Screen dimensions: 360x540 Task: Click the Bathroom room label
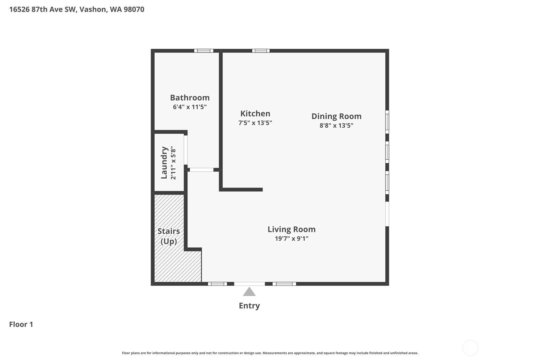click(190, 98)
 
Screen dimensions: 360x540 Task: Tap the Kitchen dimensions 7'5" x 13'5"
click(255, 123)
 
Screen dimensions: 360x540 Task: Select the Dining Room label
click(336, 116)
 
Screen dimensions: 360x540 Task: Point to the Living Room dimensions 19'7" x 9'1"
click(291, 238)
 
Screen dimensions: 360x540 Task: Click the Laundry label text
click(164, 163)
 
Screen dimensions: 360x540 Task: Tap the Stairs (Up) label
click(169, 236)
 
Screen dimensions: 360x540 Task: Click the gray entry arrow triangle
click(249, 292)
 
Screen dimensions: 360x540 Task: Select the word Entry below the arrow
click(249, 306)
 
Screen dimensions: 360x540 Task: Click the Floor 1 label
click(21, 324)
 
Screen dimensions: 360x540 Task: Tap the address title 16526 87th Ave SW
click(76, 9)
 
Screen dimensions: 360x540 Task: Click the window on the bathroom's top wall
click(204, 51)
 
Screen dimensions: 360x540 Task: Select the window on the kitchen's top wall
click(261, 51)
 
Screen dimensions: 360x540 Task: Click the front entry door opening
click(249, 284)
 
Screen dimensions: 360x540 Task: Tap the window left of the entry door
click(217, 284)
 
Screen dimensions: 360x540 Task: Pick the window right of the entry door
click(284, 284)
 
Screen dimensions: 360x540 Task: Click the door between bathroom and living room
click(201, 170)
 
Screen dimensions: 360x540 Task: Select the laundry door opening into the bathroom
click(186, 150)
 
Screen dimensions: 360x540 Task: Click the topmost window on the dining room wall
click(387, 122)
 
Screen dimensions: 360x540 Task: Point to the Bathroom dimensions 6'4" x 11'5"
click(190, 107)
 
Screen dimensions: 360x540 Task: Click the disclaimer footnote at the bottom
click(270, 353)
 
